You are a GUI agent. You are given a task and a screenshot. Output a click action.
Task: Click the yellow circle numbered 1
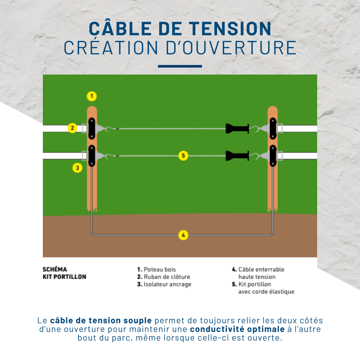tap(92, 96)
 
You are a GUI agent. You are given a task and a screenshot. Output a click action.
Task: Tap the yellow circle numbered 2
tap(72, 128)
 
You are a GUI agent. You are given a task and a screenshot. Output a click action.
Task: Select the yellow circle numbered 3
tap(77, 167)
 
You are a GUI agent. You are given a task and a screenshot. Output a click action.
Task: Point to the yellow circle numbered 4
tap(183, 235)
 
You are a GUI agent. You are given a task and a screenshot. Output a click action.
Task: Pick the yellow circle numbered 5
tap(183, 156)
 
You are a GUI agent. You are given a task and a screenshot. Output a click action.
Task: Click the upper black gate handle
tap(237, 129)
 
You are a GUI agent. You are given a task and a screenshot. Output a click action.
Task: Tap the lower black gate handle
tap(237, 156)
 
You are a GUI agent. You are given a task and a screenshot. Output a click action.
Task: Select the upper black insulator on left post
tap(92, 129)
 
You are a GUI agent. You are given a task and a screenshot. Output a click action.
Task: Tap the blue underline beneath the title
tap(180, 66)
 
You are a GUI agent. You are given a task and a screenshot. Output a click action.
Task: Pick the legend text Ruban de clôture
tap(167, 277)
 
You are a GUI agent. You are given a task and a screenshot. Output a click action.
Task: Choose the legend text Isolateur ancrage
tap(167, 284)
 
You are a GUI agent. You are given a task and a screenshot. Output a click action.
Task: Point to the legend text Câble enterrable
tap(261, 269)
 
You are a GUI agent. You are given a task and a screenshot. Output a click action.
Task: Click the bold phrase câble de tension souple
tap(101, 320)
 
